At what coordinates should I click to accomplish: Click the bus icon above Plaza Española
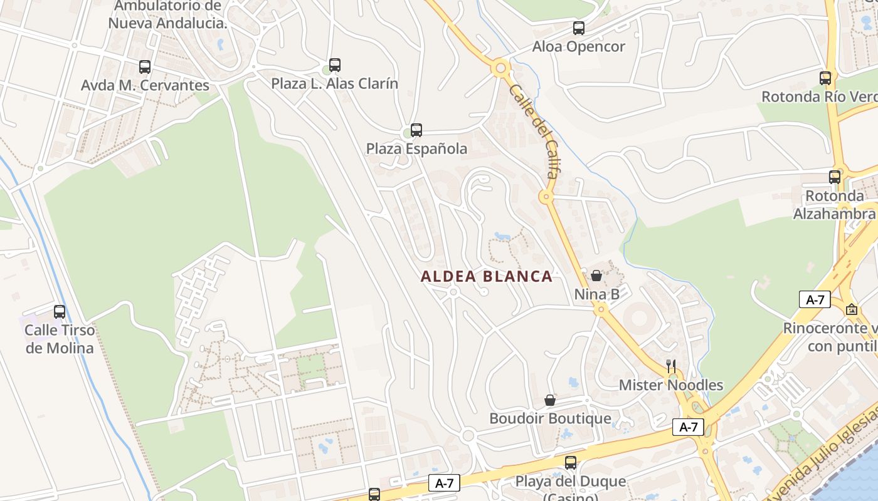pos(416,130)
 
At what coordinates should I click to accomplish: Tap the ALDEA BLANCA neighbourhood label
pos(487,276)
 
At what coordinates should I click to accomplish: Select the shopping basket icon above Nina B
pos(596,276)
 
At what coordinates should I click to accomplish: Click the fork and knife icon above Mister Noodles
pos(671,366)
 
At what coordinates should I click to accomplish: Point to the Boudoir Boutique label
pos(550,418)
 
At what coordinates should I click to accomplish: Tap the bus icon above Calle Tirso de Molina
pos(60,311)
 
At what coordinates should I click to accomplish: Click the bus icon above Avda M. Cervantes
pos(145,66)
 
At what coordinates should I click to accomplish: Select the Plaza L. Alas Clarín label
pos(334,83)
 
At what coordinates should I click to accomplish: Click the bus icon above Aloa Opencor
pos(579,28)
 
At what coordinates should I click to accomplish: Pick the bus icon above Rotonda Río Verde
pos(825,78)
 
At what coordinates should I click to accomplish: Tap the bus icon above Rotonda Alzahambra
pos(835,177)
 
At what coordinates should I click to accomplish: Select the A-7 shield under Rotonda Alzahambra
pos(815,299)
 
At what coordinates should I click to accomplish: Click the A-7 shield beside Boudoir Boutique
pos(688,427)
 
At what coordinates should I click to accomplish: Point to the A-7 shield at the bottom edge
pos(444,483)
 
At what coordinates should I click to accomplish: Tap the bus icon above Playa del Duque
pos(571,463)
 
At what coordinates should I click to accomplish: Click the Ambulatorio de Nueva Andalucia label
pos(167,15)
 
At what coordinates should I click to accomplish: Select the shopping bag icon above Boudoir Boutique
pos(550,400)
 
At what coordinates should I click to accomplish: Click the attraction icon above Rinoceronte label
pos(852,309)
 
